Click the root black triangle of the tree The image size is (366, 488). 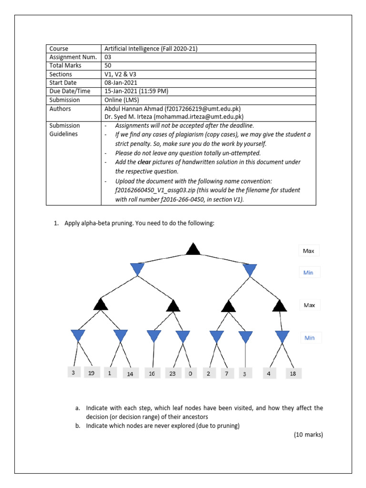193,249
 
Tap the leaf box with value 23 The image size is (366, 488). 172,374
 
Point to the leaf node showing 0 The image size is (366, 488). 190,374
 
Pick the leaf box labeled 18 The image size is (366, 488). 293,374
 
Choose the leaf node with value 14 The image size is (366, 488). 130,374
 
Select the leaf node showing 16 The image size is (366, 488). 152,374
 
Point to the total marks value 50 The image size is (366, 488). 108,66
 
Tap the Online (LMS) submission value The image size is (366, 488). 122,100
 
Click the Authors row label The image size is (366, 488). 60,109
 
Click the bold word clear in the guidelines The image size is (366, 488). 152,162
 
